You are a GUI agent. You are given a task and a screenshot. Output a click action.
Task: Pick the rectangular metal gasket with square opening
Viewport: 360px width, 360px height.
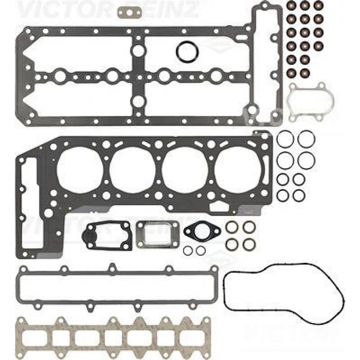(x=158, y=234)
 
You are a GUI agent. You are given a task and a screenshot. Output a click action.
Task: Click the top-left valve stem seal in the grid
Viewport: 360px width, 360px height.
(x=291, y=6)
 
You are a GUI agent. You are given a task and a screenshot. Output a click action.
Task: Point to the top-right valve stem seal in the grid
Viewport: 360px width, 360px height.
(x=319, y=6)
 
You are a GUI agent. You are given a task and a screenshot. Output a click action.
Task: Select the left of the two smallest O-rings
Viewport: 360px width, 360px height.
(x=188, y=250)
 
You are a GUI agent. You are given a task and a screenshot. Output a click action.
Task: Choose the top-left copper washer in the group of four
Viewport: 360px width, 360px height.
(x=231, y=227)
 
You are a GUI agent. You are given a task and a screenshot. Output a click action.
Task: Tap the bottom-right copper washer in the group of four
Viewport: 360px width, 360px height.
(x=249, y=243)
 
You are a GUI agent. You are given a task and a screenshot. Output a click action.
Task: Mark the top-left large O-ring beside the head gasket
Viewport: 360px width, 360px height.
(x=285, y=138)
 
